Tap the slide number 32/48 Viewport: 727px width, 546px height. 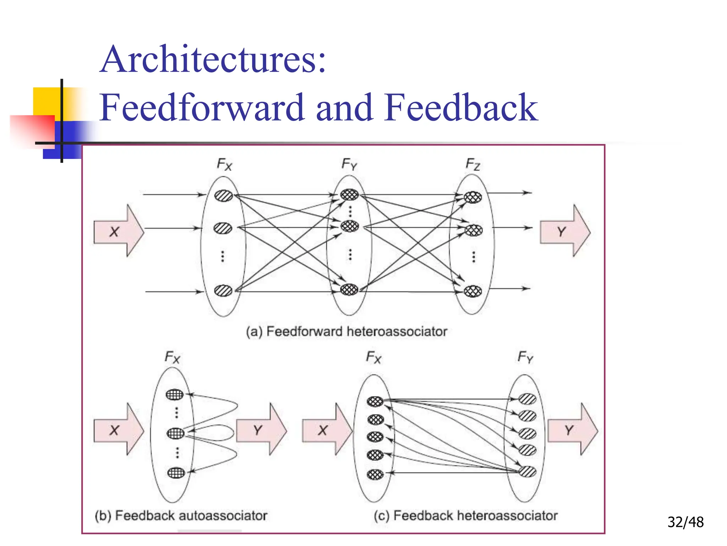[685, 522]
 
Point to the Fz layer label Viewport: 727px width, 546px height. [473, 164]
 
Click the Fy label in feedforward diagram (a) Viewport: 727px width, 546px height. [349, 164]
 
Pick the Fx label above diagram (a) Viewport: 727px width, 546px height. [224, 165]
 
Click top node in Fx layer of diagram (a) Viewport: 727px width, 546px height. [224, 196]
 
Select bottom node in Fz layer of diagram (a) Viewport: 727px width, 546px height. [473, 291]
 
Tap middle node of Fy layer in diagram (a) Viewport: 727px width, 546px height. [350, 226]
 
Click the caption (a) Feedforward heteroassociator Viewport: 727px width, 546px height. [346, 331]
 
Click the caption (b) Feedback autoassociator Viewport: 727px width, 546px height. [181, 515]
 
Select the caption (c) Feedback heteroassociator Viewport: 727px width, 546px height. [466, 515]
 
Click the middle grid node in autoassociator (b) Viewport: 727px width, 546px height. [176, 433]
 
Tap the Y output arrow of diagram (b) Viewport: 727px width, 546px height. [261, 430]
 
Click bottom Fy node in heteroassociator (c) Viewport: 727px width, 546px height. [528, 472]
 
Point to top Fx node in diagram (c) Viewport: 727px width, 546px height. [375, 402]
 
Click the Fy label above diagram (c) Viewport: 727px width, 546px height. [525, 357]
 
